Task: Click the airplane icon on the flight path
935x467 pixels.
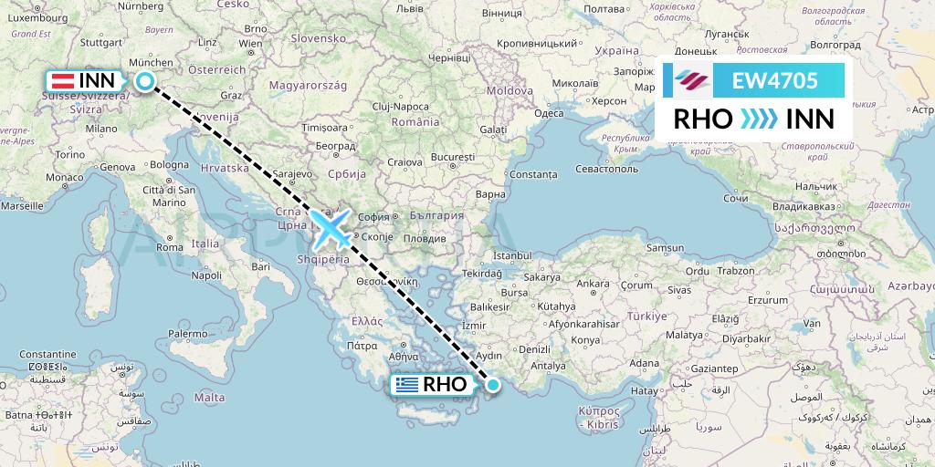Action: pos(330,228)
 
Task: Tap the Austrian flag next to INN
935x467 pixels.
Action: pos(62,81)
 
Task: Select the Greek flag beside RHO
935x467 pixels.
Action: pos(407,385)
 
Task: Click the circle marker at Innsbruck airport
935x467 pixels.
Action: pos(145,81)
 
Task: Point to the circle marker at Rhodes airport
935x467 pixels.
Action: pos(493,385)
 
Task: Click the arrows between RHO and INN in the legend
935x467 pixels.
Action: pos(759,119)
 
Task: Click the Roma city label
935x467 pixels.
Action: pos(172,245)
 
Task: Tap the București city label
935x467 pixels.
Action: pos(455,157)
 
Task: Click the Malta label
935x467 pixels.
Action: pos(209,398)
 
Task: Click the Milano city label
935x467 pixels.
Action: pos(102,129)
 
